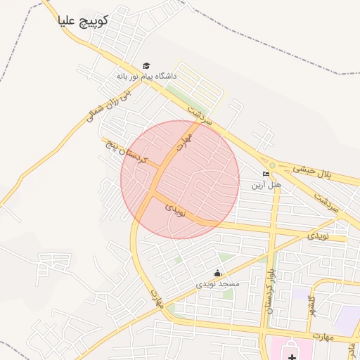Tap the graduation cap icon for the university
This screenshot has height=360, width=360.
(146, 65)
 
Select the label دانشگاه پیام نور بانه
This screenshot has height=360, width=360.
(147, 75)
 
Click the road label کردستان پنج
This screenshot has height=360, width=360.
(127, 152)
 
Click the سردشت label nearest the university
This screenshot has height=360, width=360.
(200, 113)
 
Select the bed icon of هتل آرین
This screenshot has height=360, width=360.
(266, 174)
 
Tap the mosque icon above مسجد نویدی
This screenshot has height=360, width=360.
(217, 274)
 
